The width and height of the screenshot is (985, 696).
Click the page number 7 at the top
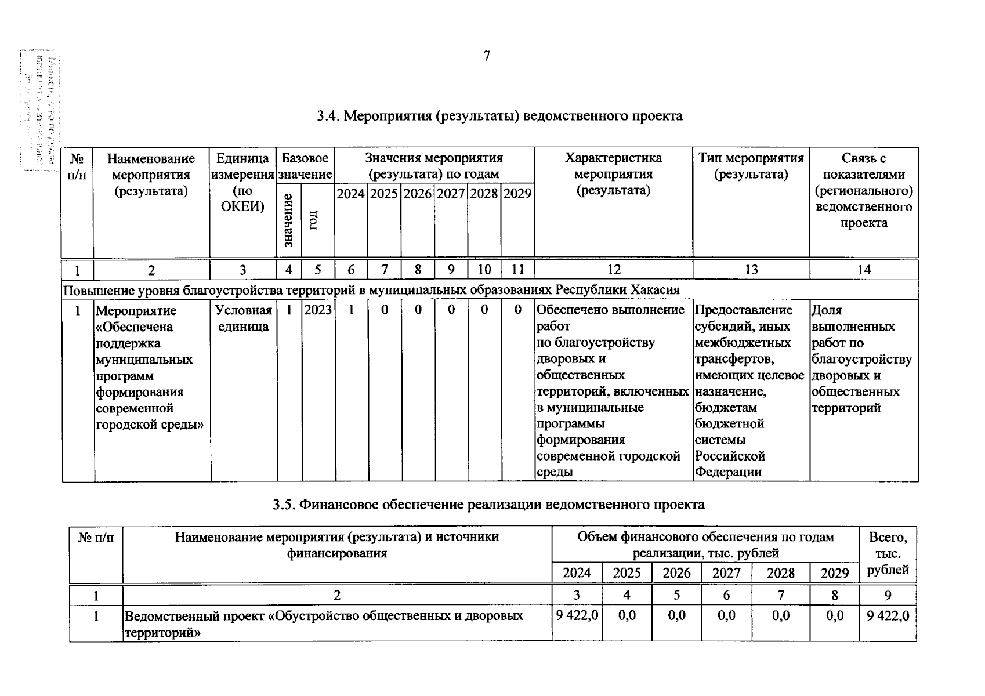pos(486,56)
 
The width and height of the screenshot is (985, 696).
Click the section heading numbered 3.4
pos(499,116)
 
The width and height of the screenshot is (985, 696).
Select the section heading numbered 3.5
pos(488,505)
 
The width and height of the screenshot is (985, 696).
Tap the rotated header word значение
pos(289,220)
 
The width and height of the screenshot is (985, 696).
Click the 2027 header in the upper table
pos(451,194)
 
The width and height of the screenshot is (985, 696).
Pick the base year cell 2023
pos(318,310)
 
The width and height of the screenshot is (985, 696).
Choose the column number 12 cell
pos(613,270)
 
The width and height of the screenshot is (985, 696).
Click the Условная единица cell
pos(243,318)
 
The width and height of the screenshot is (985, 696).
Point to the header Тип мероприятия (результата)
pos(751,166)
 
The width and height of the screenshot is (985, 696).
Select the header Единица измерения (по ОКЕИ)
pos(242,182)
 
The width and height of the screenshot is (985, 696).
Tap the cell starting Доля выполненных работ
pos(861,359)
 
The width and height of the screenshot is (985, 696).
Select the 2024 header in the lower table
pos(577,573)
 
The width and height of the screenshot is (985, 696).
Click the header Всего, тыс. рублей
pos(888,553)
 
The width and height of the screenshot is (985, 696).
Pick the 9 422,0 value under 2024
pos(577,615)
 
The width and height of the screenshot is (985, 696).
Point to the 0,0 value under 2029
pos(834,615)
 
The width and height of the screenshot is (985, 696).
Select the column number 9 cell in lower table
pos(888,595)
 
